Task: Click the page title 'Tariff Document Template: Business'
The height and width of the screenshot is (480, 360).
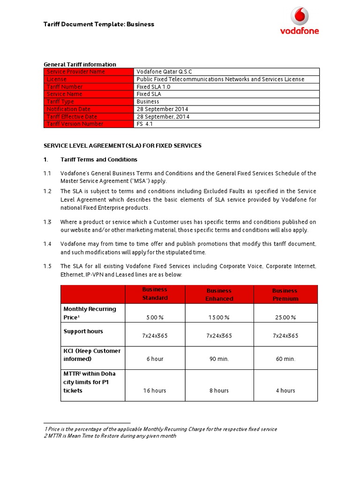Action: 99,24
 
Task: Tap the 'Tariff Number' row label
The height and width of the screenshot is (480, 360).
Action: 65,87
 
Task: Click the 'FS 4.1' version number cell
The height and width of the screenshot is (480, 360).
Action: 145,124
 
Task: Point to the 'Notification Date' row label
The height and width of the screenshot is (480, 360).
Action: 68,109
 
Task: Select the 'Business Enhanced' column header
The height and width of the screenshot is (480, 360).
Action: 219,294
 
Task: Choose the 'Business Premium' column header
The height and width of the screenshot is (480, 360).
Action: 285,294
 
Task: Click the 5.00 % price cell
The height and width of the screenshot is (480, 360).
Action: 155,317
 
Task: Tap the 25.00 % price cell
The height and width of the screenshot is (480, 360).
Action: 285,317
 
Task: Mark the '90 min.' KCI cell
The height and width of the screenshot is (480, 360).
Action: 219,359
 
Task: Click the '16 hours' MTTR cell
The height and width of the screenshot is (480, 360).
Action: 155,390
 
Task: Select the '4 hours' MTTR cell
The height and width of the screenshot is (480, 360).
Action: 285,390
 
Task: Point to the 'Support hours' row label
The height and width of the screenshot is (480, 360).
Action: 83,331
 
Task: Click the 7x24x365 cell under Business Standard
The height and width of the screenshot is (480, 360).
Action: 155,336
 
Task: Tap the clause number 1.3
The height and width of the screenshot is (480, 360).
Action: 48,222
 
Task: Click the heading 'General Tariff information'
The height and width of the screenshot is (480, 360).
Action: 80,64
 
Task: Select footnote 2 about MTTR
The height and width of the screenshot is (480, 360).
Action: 110,436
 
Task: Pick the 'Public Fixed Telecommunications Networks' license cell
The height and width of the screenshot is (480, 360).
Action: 220,79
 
